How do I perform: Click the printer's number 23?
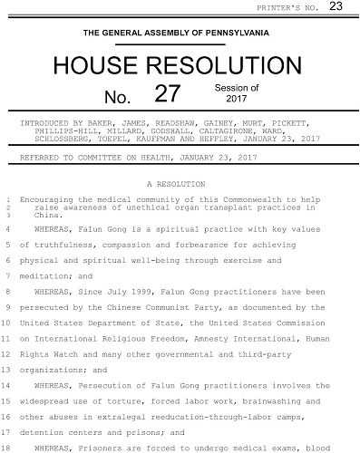click(336, 7)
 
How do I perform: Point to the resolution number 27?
click(170, 94)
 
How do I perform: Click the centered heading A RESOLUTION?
click(179, 183)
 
